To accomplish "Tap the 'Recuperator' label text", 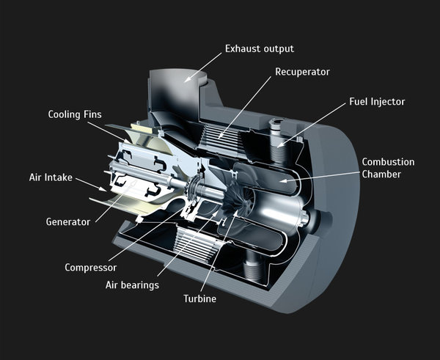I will click(302, 72).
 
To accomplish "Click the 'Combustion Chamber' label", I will click(388, 168).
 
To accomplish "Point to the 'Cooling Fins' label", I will click(75, 114).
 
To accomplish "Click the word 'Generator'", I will click(67, 221).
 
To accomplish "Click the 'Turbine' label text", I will click(199, 298).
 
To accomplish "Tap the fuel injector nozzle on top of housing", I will click(277, 129).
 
